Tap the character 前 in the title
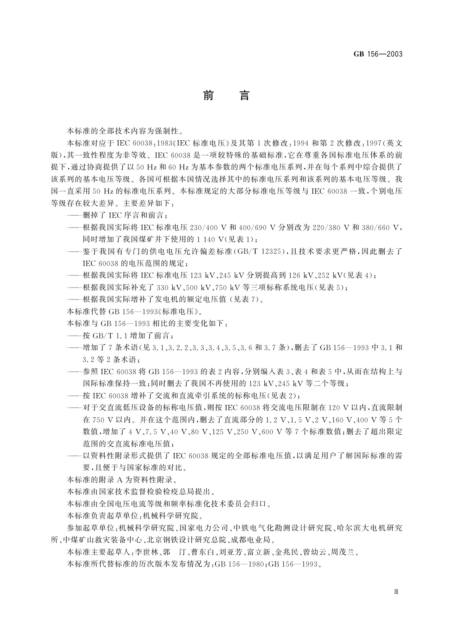point(208,95)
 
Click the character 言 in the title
point(244,95)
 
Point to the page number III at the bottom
point(396,591)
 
